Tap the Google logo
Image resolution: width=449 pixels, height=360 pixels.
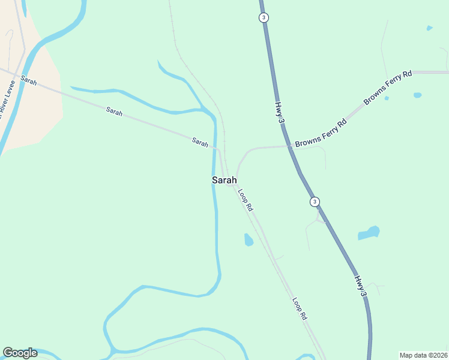point(20,353)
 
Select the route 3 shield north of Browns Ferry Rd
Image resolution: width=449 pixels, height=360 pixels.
point(264,17)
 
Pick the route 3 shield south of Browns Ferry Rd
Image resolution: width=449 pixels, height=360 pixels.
point(315,202)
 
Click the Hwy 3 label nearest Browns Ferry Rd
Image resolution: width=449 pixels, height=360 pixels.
point(279,113)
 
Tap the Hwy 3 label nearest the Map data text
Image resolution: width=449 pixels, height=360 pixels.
point(360,286)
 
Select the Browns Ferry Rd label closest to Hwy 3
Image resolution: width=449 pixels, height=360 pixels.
point(321,133)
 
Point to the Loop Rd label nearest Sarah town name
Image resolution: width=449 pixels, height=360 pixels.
point(246,200)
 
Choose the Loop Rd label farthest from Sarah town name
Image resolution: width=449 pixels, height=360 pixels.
point(300,308)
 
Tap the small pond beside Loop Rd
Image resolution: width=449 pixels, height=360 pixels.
point(248,240)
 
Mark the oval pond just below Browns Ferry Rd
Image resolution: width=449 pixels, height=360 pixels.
point(417,95)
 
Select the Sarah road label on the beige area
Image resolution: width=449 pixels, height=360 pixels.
point(28,80)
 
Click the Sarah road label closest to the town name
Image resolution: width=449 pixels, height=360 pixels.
point(200,142)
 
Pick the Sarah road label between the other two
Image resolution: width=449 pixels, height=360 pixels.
point(114,112)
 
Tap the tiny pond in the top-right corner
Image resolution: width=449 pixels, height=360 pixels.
point(429,28)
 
